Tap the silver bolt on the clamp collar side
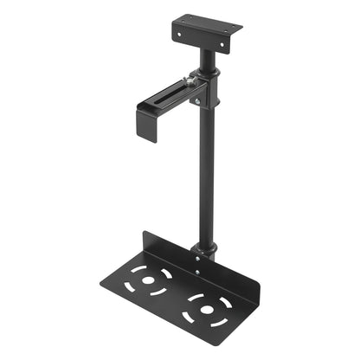pyautogui.click(x=196, y=101)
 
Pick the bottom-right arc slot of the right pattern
pyautogui.click(x=217, y=316)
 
